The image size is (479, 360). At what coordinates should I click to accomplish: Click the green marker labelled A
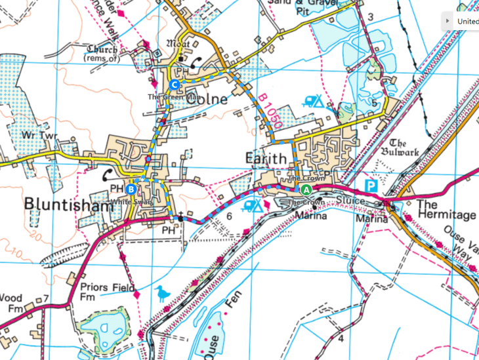(x=306, y=190)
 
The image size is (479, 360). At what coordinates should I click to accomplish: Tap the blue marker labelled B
(x=131, y=190)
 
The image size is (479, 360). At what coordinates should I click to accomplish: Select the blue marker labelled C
(x=174, y=85)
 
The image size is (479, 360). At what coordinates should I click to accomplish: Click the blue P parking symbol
(x=371, y=186)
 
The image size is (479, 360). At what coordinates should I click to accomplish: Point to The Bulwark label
(x=403, y=148)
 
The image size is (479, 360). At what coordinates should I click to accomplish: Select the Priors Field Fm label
(x=108, y=292)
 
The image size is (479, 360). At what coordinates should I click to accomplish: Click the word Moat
(x=178, y=43)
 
